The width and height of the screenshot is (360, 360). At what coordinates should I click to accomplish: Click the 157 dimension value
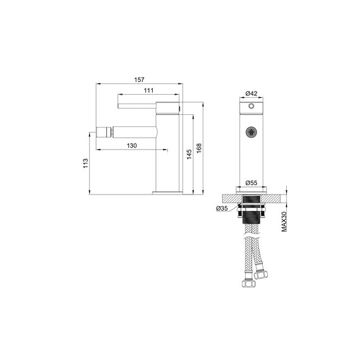point(140,80)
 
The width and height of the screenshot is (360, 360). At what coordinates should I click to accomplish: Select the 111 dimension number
point(148,92)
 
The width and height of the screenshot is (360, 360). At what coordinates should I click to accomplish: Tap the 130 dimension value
point(132,146)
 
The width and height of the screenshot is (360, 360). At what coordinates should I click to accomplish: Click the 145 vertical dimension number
point(188,153)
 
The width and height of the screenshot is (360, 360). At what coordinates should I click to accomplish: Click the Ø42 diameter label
point(251,93)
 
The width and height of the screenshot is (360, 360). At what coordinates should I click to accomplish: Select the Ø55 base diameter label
point(252,183)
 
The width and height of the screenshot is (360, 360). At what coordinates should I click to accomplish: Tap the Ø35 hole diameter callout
point(222,208)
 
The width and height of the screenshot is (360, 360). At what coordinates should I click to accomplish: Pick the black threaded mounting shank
point(252,215)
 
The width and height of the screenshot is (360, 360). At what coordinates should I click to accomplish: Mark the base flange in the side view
point(167,191)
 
